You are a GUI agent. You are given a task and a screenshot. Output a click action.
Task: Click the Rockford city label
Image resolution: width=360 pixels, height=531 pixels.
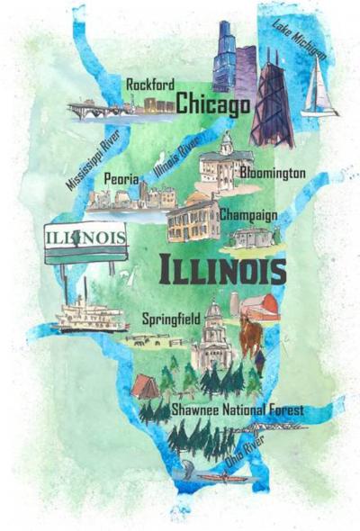(x=148, y=84)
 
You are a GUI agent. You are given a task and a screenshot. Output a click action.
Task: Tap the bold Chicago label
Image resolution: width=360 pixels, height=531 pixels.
(x=212, y=105)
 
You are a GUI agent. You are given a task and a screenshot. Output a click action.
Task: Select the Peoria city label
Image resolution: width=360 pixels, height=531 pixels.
(x=121, y=179)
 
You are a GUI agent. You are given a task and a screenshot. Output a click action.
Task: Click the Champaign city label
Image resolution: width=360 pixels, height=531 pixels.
(x=247, y=216)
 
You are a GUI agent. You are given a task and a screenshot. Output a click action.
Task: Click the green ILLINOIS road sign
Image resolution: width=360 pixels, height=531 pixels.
(x=85, y=241)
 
